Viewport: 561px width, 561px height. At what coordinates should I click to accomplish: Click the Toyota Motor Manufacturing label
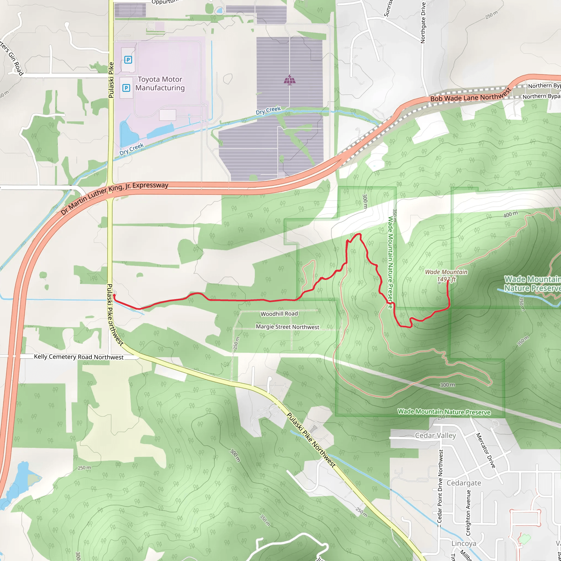pyautogui.click(x=160, y=84)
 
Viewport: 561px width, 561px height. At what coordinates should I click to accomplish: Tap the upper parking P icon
pyautogui.click(x=128, y=60)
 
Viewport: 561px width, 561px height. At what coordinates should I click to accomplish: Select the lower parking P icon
pyautogui.click(x=126, y=88)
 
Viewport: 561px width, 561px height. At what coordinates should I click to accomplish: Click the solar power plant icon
pyautogui.click(x=290, y=80)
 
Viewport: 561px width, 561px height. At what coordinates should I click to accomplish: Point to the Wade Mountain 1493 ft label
pyautogui.click(x=446, y=275)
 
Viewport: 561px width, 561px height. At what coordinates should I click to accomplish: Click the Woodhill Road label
pyautogui.click(x=279, y=314)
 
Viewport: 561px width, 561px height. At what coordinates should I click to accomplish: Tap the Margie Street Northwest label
pyautogui.click(x=287, y=327)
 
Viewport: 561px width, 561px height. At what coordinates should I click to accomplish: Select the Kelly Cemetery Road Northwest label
pyautogui.click(x=79, y=357)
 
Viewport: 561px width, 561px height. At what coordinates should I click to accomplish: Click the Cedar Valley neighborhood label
pyautogui.click(x=435, y=436)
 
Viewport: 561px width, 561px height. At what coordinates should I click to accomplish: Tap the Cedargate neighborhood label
pyautogui.click(x=464, y=483)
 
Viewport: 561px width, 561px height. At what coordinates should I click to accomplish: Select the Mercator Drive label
pyautogui.click(x=485, y=450)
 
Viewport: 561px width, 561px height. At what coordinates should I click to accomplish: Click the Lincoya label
pyautogui.click(x=464, y=543)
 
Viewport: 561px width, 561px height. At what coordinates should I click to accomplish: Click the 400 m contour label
pyautogui.click(x=511, y=214)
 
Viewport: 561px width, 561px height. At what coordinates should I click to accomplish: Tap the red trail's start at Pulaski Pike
pyautogui.click(x=114, y=295)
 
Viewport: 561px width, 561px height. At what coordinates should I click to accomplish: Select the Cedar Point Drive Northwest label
pyautogui.click(x=440, y=486)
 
